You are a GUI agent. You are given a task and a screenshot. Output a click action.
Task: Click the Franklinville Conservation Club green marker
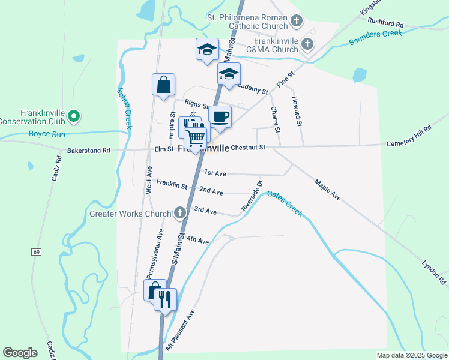pyautogui.click(x=74, y=116)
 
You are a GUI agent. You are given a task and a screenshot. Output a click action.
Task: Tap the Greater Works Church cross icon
pyautogui.click(x=179, y=212)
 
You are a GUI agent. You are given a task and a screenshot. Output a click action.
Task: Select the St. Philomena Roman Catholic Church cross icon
pyautogui.click(x=296, y=22)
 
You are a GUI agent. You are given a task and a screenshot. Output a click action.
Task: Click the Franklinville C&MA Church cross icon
pyautogui.click(x=307, y=44)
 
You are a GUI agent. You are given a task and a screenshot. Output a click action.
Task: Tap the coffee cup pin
pyautogui.click(x=220, y=116)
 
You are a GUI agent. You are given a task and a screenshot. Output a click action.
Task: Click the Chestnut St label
pyautogui.click(x=248, y=147)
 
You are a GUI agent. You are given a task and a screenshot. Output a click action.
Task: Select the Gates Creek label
pyautogui.click(x=285, y=203)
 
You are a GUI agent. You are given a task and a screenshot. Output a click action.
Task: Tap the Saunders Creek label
pyautogui.click(x=376, y=38)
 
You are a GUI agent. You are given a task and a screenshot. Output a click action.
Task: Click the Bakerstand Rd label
pyautogui.click(x=89, y=150)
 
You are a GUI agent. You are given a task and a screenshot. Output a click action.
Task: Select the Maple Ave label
pyautogui.click(x=327, y=188)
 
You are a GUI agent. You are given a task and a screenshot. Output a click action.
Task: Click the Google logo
pyautogui.click(x=20, y=353)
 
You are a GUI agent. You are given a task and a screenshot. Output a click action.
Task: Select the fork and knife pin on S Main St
pyautogui.click(x=165, y=298)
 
